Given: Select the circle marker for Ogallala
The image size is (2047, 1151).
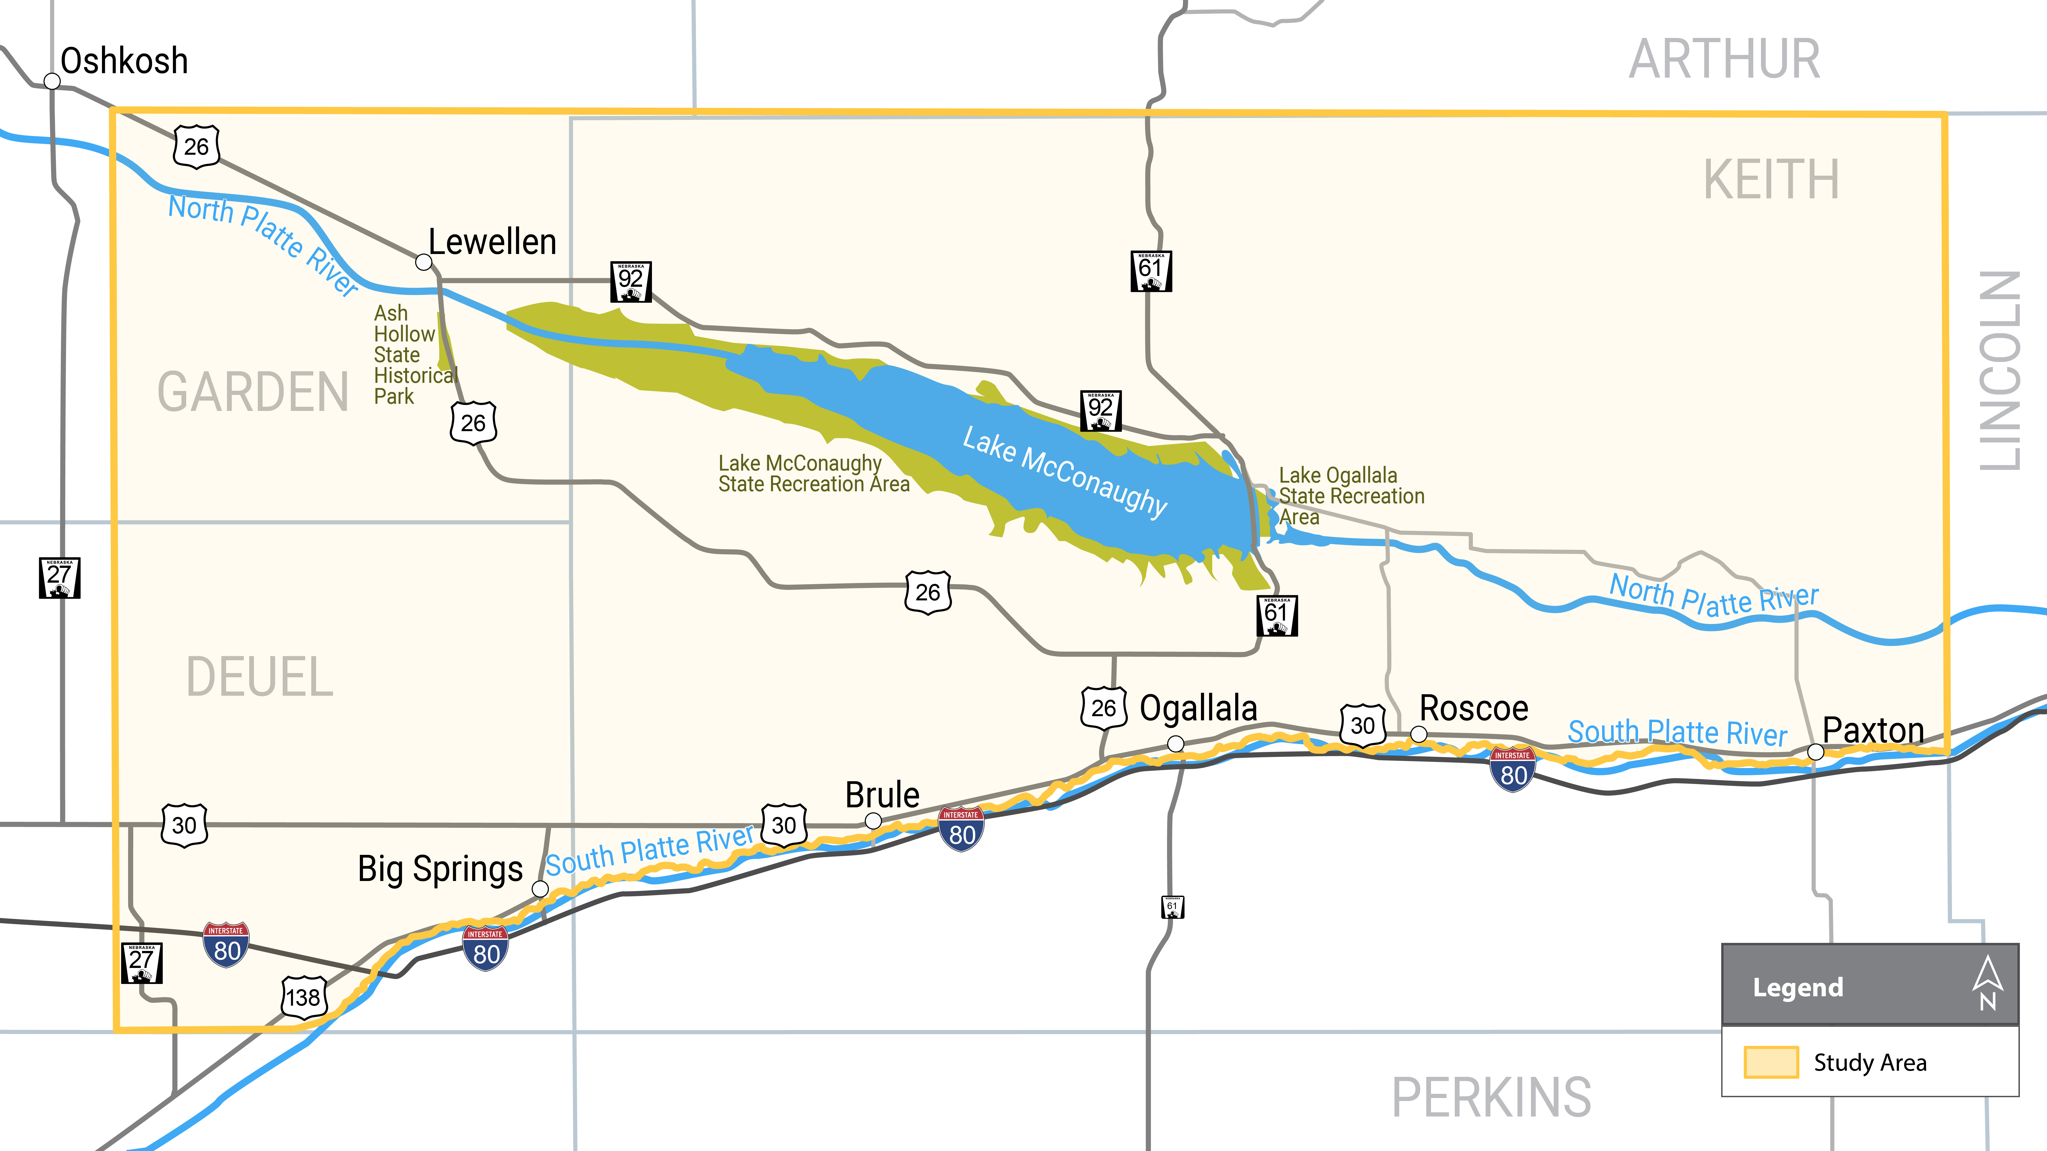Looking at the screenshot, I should [1175, 743].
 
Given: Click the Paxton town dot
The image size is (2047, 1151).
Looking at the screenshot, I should [1816, 751].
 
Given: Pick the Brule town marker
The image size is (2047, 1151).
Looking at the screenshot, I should [872, 820].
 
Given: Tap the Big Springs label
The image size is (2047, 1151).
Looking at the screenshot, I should [439, 869].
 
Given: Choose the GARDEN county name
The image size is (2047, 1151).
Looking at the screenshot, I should [253, 393].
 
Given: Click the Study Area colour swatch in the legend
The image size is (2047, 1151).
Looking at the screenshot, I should [1770, 1062].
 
